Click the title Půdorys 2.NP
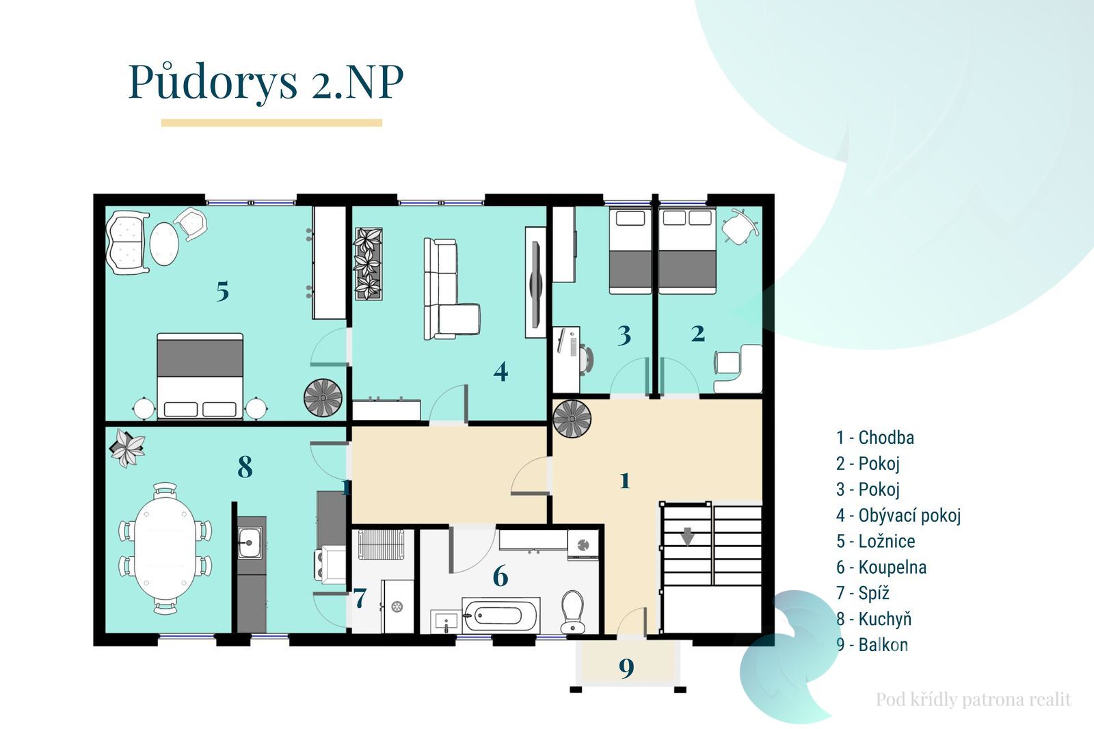(x=266, y=82)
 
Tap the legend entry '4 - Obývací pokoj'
(x=898, y=516)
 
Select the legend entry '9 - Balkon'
(x=872, y=645)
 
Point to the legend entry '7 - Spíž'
(x=862, y=593)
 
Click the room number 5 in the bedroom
(x=223, y=291)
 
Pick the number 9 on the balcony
(x=626, y=668)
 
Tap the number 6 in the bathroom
(x=501, y=576)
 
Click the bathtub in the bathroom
(x=501, y=615)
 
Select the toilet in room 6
(x=572, y=612)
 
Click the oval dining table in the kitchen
(x=165, y=548)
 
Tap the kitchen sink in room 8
(x=250, y=542)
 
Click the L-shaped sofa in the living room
(x=451, y=289)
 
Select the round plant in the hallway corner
(x=572, y=419)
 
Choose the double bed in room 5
(x=200, y=376)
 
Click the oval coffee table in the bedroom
(x=164, y=244)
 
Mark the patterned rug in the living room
(x=369, y=264)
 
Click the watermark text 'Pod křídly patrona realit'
(x=974, y=700)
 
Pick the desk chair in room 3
(x=587, y=360)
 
